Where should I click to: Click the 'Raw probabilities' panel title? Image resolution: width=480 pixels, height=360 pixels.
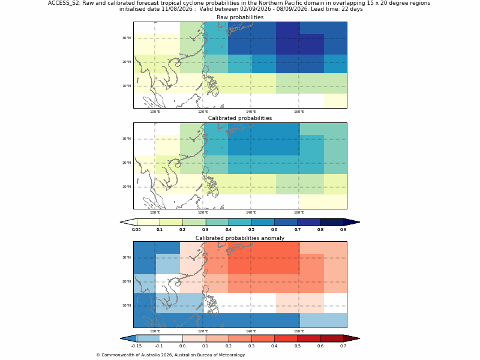[x=240, y=17]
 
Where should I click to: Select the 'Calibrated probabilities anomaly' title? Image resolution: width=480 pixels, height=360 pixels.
[x=240, y=238]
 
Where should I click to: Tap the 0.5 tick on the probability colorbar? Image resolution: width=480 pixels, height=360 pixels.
[x=251, y=230]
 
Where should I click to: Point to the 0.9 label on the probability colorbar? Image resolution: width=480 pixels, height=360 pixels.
[x=343, y=230]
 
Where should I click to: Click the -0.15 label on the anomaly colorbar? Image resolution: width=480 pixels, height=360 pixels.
[x=137, y=346]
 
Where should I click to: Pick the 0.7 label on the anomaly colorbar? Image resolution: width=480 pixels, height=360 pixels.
[x=343, y=346]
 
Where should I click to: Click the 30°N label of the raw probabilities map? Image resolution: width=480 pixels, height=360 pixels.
[x=127, y=38]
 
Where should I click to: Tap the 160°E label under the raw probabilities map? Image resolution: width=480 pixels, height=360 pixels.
[x=299, y=112]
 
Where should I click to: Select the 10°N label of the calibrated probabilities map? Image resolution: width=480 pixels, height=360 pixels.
[x=127, y=187]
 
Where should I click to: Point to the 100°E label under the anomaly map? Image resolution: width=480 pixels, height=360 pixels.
[x=155, y=331]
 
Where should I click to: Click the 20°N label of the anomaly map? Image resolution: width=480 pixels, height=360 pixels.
[x=127, y=281]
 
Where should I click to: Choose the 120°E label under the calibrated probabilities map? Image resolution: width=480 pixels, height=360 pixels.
[x=203, y=213]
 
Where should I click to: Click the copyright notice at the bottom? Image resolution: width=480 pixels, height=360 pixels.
[x=170, y=355]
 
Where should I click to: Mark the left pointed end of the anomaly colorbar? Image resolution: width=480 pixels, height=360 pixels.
[x=121, y=338]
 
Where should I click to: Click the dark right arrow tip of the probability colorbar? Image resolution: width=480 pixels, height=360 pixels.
[x=359, y=222]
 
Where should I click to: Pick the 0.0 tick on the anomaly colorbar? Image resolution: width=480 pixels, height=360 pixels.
[x=182, y=346]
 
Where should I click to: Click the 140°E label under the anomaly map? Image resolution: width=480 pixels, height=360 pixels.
[x=251, y=331]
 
